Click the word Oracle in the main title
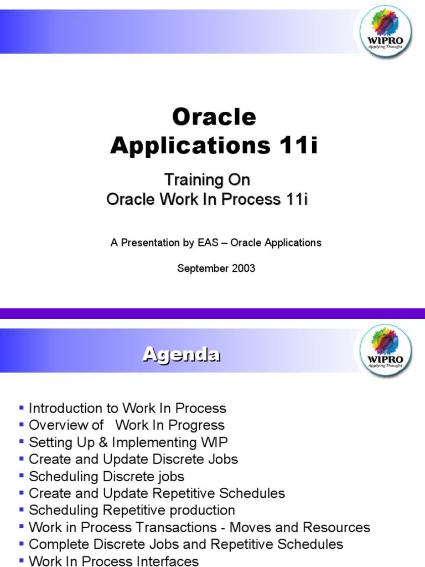214,117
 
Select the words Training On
208,180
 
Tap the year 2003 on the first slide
240,269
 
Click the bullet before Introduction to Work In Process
22,408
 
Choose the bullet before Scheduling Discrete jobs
22,476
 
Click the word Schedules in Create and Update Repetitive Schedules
253,493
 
